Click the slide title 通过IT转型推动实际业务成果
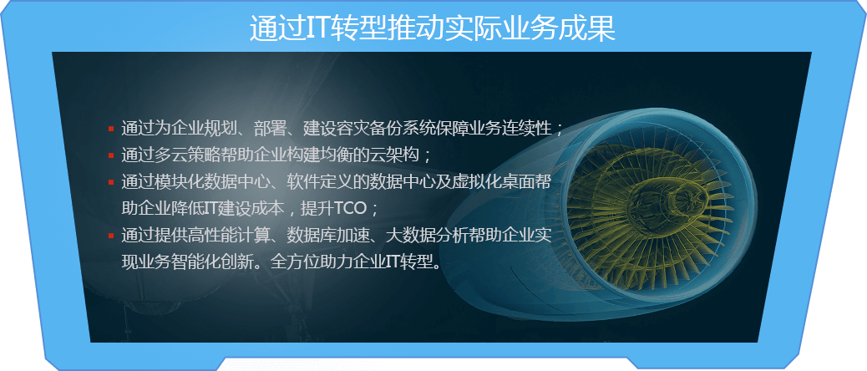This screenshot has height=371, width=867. point(433,28)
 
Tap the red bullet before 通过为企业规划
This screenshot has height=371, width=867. point(111,129)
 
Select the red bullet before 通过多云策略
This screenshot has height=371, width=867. point(111,155)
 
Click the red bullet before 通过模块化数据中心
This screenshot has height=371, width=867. point(111,182)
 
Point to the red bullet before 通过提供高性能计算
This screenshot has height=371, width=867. point(111,236)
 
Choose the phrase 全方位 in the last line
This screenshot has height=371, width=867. point(296,262)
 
